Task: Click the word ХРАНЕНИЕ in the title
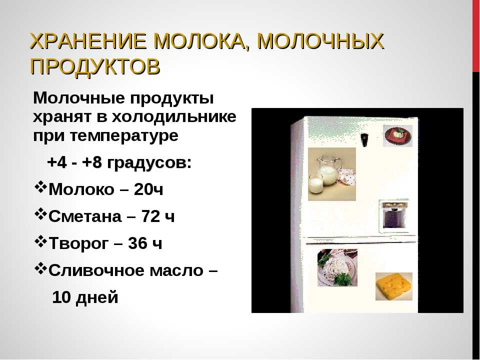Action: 88,41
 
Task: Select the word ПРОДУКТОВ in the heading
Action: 95,66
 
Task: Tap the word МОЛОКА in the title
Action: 201,41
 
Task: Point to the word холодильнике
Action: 174,117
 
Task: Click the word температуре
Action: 124,136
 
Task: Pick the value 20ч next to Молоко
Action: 148,189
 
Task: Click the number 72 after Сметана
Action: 150,216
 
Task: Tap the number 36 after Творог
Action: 137,243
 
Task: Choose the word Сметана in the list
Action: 85,216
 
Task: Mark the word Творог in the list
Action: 78,244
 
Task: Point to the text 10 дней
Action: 85,297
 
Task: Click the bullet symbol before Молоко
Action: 40,187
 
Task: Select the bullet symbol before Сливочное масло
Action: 40,268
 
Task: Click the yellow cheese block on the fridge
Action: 393,286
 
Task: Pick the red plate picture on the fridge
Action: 398,136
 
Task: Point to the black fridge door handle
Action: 364,140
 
